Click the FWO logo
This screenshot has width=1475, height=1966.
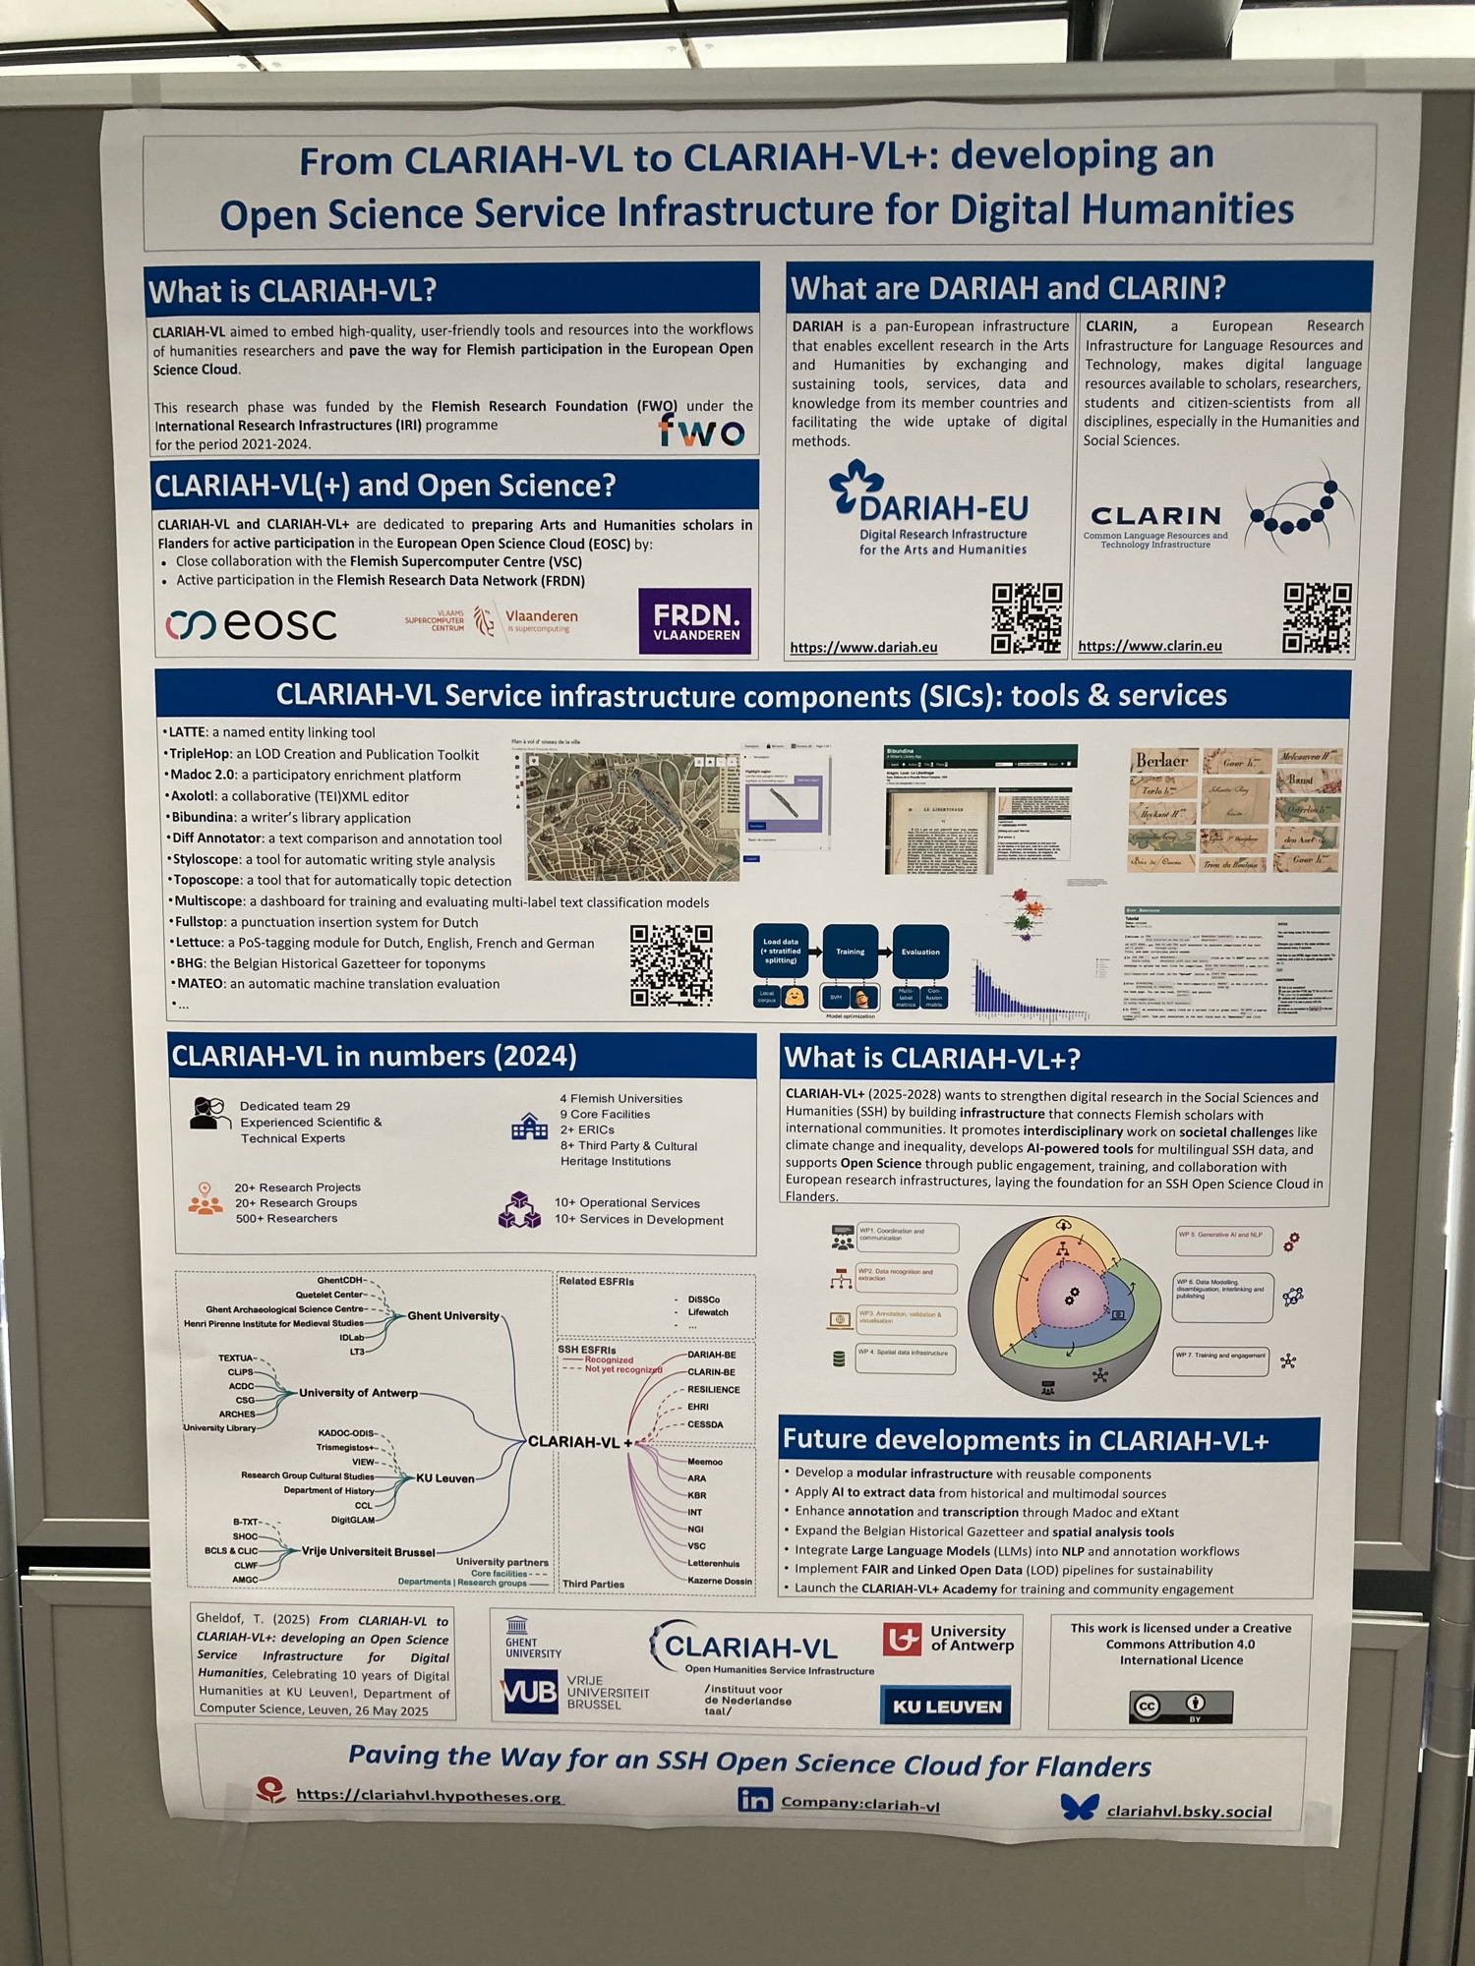(702, 430)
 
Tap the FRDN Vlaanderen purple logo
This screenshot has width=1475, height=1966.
(695, 621)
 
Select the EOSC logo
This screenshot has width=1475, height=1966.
(252, 623)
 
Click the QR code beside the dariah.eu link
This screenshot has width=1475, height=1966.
(1026, 618)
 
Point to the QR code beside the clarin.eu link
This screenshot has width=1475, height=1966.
(1317, 617)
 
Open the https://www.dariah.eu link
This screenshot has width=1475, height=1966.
(863, 647)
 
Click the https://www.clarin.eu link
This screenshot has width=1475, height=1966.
(1150, 646)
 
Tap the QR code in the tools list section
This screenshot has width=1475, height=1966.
(671, 964)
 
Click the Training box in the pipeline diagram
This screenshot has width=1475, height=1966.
(851, 952)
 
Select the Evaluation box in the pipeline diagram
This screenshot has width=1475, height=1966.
(920, 952)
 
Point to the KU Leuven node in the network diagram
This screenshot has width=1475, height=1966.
(445, 1477)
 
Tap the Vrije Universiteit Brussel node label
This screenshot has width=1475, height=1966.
(368, 1551)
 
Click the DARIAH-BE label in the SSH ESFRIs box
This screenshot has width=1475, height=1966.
(711, 1355)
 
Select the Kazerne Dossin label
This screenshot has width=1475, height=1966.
(720, 1581)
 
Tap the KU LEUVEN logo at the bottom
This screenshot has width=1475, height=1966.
(946, 1706)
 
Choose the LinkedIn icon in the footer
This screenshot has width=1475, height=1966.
(754, 1799)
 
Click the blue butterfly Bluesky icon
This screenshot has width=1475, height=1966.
(1079, 1807)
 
